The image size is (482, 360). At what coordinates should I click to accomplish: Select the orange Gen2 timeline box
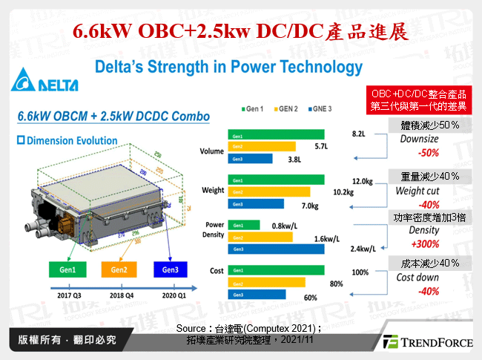coord(119,269)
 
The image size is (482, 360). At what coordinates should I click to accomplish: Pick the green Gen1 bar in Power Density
coord(245,226)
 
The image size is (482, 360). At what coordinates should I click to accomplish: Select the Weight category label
coord(213,191)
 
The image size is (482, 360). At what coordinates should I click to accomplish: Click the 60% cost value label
coord(309,298)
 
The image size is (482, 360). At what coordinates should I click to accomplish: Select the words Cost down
coord(418,277)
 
